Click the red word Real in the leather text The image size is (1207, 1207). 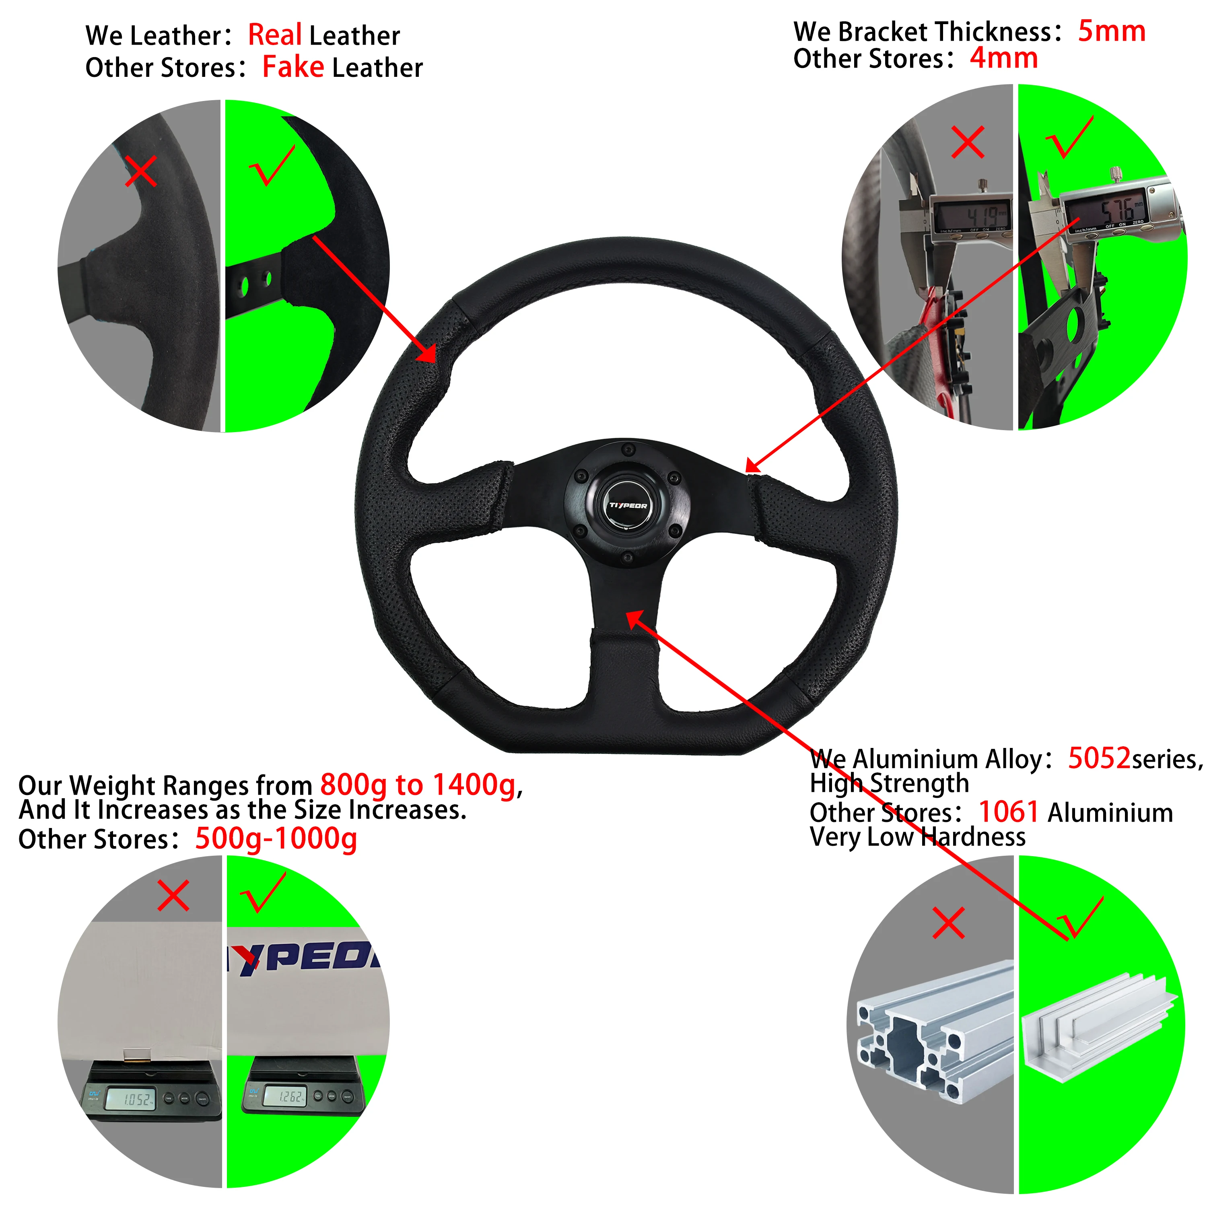(x=275, y=35)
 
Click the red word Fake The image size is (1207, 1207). (x=293, y=67)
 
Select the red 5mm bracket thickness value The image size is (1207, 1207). (x=1111, y=31)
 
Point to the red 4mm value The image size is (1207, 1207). (x=1003, y=58)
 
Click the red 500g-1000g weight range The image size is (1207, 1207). (x=276, y=838)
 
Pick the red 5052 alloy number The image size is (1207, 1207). (x=1099, y=758)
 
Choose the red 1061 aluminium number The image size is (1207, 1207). (x=1008, y=812)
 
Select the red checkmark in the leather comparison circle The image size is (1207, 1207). (x=272, y=165)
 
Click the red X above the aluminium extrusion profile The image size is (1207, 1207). (x=948, y=923)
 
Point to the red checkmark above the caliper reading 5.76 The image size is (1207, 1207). (x=1069, y=138)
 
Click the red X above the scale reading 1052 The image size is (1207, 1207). (x=173, y=896)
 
